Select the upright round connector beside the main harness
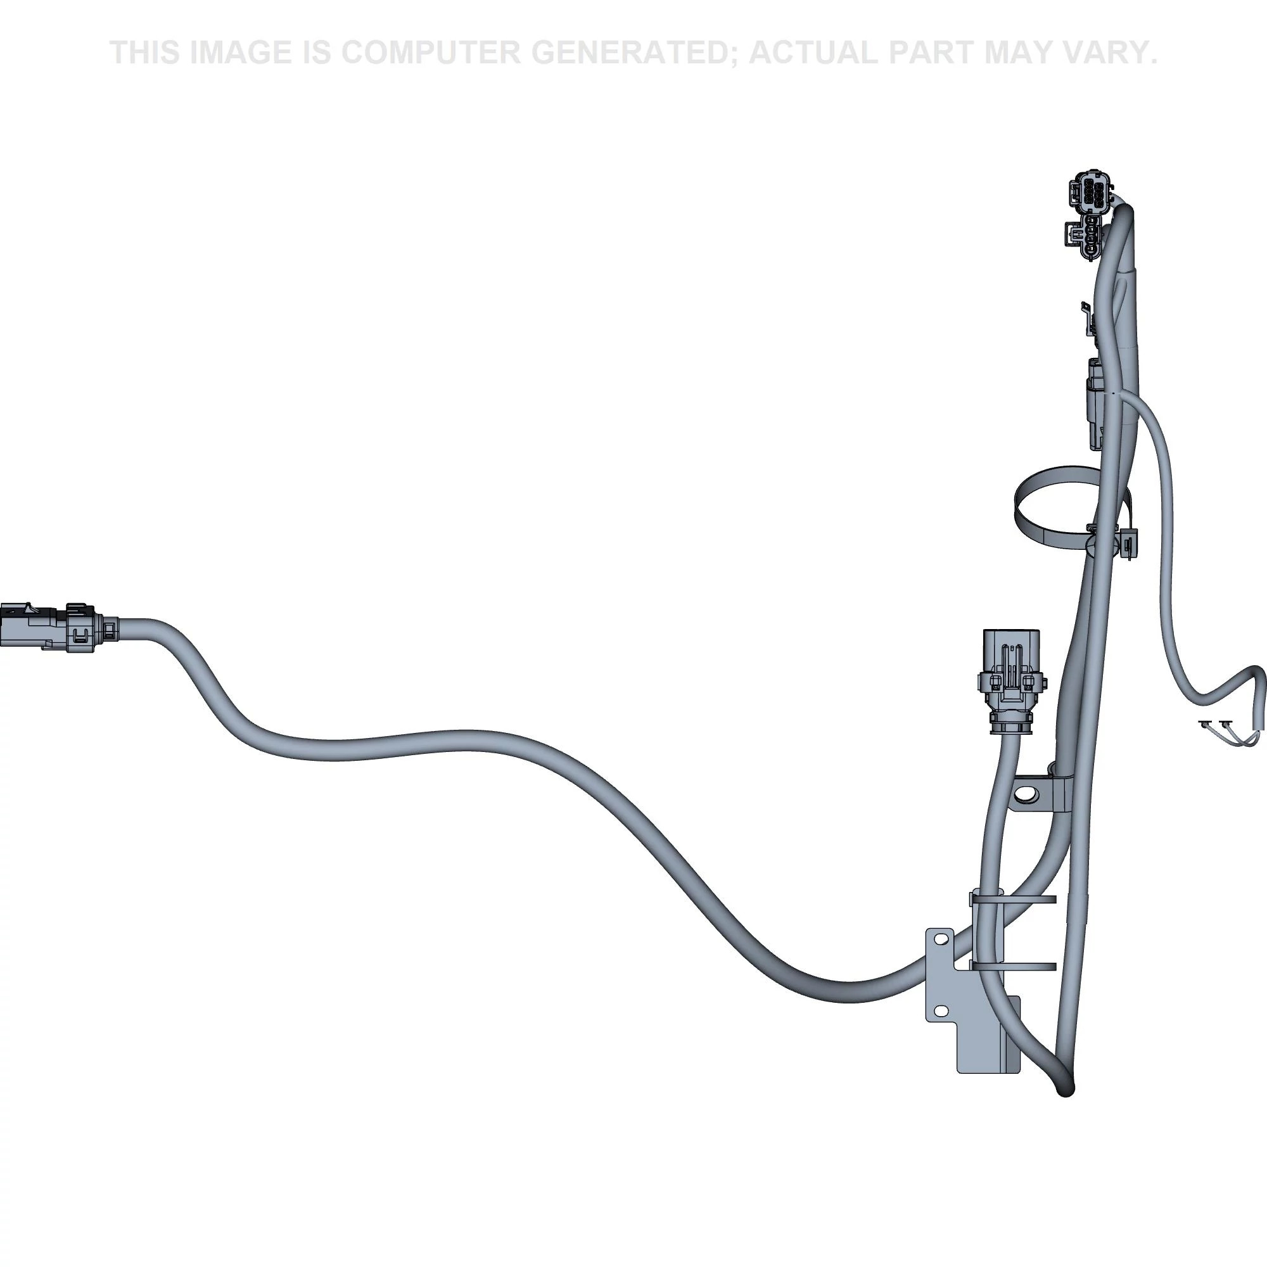click(1010, 677)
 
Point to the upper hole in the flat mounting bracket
click(940, 939)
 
